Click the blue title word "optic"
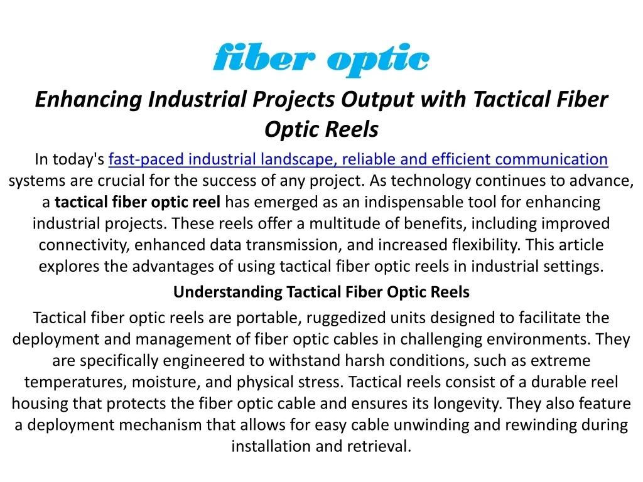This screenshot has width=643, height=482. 379,60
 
